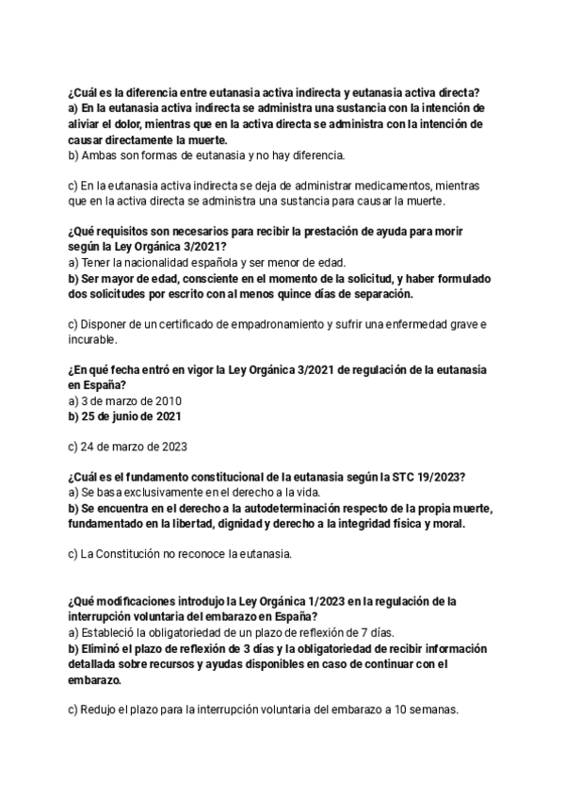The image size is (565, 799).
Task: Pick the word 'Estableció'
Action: [113, 632]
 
